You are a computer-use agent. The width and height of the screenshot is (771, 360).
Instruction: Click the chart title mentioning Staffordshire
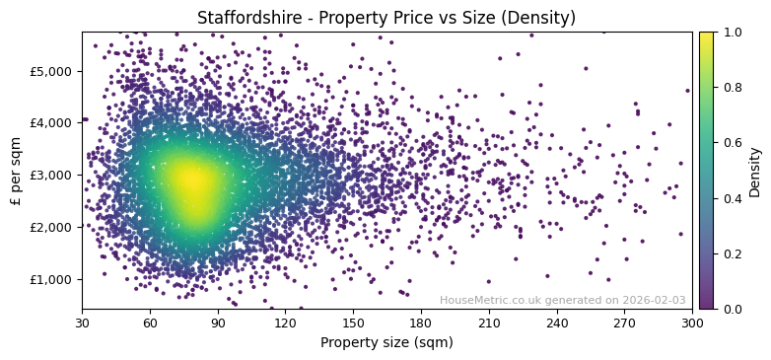point(386,18)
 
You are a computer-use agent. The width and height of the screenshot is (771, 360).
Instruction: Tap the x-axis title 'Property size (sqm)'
point(386,342)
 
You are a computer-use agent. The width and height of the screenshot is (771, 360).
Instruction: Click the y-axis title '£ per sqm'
point(16,171)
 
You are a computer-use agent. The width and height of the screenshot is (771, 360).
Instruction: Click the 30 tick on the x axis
point(82,322)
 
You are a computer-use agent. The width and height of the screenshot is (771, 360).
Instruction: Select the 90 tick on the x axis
point(218,322)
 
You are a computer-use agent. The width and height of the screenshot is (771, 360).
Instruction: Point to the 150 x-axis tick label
point(353,322)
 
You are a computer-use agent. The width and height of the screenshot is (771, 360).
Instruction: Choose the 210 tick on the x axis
point(489,322)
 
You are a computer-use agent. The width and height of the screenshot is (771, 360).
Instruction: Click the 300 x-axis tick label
point(692,322)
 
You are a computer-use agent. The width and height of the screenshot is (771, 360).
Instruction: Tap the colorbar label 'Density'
point(755,172)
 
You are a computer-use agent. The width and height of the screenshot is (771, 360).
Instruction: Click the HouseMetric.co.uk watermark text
point(562,300)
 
